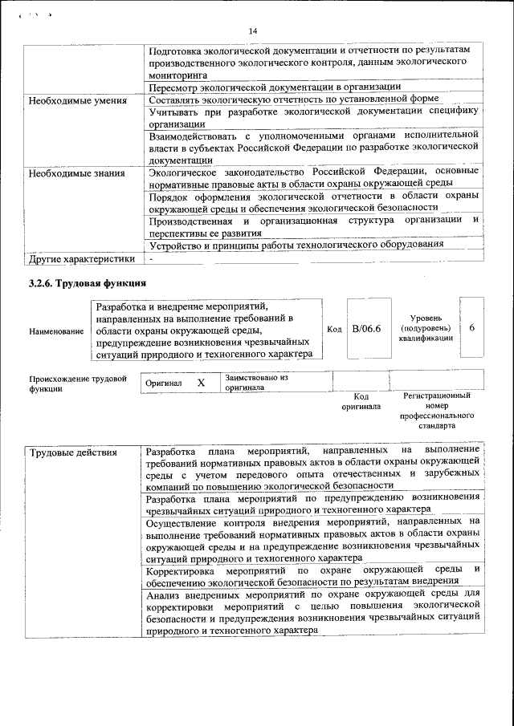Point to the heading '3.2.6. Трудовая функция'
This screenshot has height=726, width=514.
pyautogui.click(x=86, y=283)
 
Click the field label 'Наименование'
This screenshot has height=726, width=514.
pyautogui.click(x=56, y=331)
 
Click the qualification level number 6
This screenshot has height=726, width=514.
pyautogui.click(x=472, y=329)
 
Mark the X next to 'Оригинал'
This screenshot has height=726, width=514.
pyautogui.click(x=201, y=383)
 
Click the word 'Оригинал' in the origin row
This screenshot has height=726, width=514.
pyautogui.click(x=163, y=383)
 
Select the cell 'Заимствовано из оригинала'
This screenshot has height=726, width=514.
pyautogui.click(x=255, y=381)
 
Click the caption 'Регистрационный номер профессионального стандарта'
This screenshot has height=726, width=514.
pyautogui.click(x=436, y=412)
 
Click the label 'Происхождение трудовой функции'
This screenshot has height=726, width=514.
pyautogui.click(x=78, y=383)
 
